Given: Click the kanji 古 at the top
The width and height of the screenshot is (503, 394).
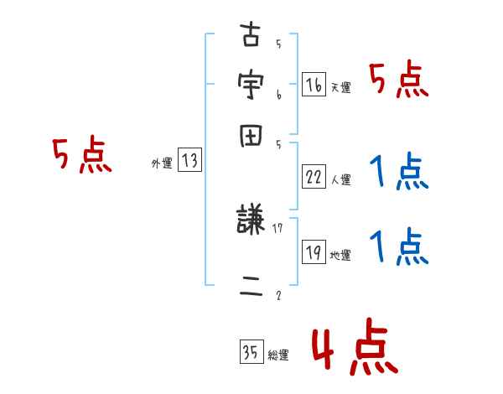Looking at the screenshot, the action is [251, 37].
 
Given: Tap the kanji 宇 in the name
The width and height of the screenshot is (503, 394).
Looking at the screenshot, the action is [251, 85].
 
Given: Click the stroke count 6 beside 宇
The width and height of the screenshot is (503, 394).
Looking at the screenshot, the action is [278, 96].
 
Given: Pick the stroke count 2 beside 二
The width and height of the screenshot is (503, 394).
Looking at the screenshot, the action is [278, 295].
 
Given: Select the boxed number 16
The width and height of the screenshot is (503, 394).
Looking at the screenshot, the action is [314, 85].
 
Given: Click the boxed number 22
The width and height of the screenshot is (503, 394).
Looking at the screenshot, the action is [314, 177].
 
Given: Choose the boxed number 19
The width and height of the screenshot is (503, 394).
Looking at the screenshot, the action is [314, 252].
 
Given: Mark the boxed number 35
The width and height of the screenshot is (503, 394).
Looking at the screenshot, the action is [251, 352].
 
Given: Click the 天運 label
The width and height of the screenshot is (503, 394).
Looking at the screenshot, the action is [340, 87].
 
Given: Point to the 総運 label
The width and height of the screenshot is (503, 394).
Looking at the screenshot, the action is [277, 355].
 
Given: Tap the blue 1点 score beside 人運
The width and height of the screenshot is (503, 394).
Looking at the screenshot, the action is [399, 174].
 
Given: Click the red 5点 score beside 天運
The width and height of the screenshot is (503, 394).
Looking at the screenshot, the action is [399, 81].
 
